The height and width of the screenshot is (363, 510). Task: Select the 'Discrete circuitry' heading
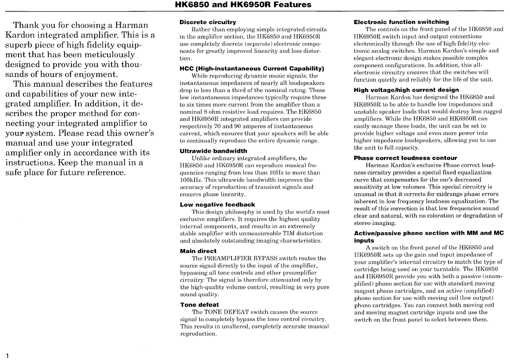pos(208,22)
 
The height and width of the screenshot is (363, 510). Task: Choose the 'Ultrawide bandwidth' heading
pos(213,151)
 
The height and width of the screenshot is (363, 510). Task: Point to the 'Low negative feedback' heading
pos(218,205)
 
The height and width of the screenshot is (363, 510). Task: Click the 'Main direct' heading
pos(198,251)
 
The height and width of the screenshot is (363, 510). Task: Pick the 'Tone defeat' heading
pos(199,305)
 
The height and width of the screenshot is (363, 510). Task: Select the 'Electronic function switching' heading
pos(401,22)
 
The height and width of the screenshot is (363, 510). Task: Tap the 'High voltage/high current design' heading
pos(406,90)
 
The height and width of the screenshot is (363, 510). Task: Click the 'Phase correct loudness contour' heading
pos(405,158)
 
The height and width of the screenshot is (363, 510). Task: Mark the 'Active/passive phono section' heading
pos(429,233)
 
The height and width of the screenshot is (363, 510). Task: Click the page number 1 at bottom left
pos(7,356)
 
